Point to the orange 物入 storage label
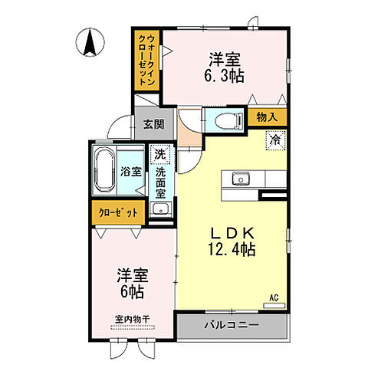click(267, 117)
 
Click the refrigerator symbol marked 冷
click(274, 140)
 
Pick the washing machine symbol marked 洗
click(159, 154)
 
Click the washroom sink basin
click(159, 210)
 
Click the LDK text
click(229, 233)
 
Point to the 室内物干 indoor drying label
click(132, 320)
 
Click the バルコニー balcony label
click(231, 325)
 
